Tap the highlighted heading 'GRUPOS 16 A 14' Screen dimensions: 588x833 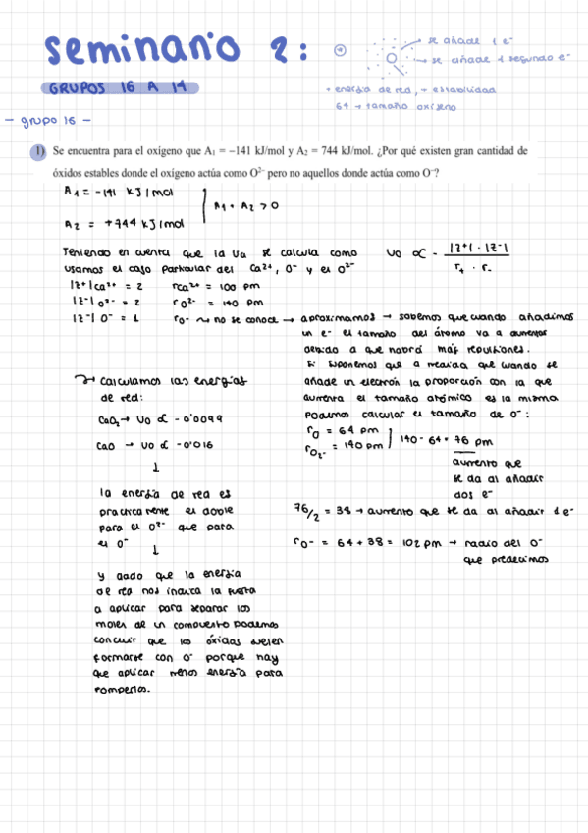pos(123,88)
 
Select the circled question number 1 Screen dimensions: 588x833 pos(37,152)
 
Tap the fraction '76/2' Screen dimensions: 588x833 pos(306,512)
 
